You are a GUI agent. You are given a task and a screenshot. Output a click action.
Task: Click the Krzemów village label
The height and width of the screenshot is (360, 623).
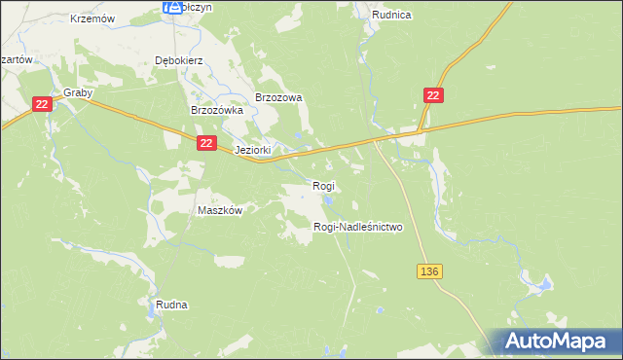93,18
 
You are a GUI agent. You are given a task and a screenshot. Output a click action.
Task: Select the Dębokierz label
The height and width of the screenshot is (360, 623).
178,59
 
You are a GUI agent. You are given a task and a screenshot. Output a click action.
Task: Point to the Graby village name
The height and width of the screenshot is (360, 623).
77,93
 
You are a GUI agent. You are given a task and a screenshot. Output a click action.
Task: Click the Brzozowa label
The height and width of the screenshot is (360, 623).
279,97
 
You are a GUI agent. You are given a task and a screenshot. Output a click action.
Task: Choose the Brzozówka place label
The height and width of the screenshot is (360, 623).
215,111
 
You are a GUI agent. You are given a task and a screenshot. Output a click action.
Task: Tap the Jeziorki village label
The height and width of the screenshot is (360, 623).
252,151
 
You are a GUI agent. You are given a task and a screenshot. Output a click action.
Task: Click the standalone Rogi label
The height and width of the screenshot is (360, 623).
323,186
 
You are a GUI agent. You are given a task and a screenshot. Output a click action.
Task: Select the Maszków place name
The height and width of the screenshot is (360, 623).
219,210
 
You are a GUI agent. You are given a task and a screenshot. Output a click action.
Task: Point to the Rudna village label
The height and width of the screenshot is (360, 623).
171,305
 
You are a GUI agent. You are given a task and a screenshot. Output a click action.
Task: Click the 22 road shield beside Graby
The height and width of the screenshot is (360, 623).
41,104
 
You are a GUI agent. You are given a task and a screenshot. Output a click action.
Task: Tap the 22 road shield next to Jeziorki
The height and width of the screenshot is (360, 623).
205,143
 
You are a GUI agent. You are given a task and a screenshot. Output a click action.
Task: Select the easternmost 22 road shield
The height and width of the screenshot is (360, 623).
434,94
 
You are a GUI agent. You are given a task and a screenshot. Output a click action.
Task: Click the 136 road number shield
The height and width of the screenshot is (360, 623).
432,271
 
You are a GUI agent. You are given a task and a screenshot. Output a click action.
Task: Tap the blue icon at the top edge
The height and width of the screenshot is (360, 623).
172,7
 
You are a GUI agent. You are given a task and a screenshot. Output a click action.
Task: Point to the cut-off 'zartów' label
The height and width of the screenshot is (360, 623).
17,58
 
